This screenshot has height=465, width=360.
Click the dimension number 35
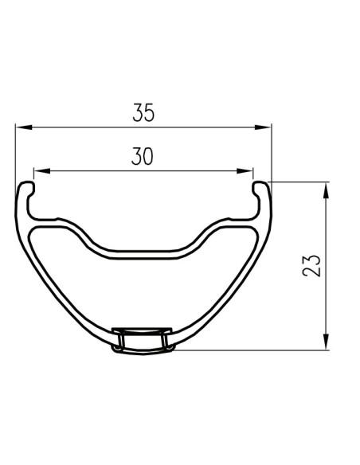[143, 113]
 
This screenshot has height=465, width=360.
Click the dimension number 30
[143, 157]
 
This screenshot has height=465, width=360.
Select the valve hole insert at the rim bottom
[143, 340]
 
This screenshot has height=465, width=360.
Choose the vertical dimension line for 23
[326, 231]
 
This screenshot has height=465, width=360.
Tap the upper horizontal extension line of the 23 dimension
[299, 182]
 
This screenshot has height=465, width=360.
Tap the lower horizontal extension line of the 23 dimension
[255, 350]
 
